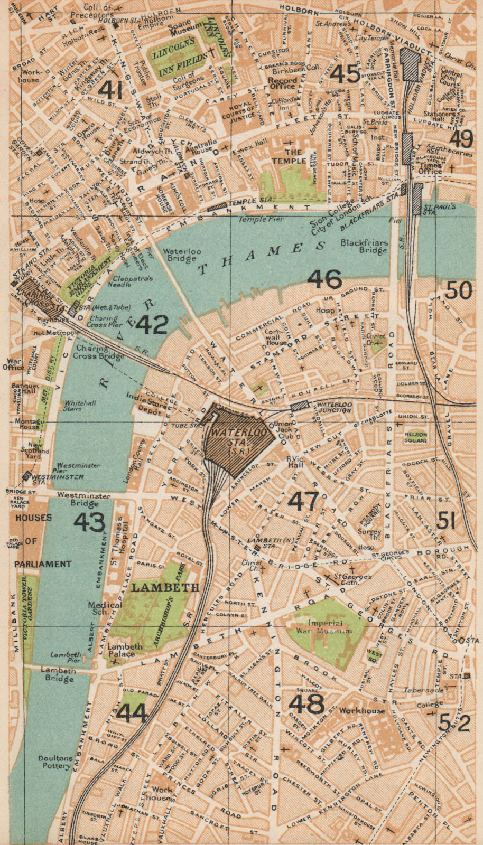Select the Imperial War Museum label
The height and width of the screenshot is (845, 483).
click(323, 627)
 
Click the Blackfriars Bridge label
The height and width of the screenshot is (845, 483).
click(364, 247)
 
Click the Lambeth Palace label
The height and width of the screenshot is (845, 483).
click(125, 650)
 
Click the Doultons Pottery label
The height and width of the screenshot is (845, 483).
click(55, 762)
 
